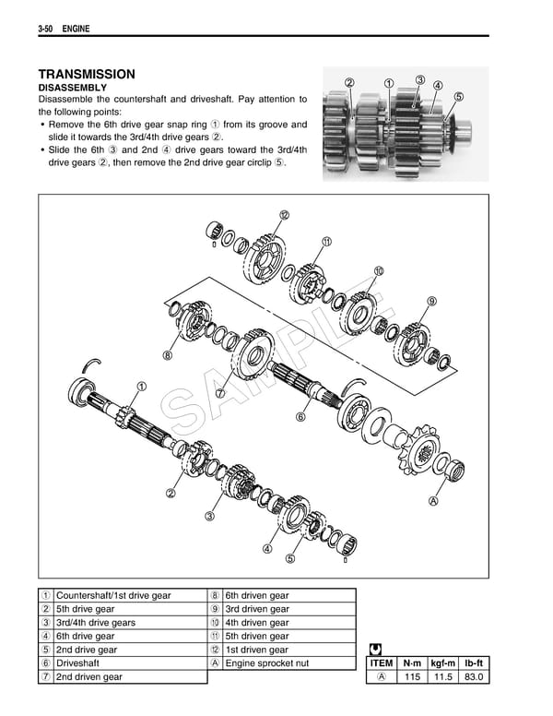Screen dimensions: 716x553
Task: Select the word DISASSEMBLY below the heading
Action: [x=72, y=88]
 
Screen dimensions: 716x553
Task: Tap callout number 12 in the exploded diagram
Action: [x=284, y=215]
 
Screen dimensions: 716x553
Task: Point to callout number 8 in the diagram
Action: [x=168, y=354]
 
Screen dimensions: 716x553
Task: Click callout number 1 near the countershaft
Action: [x=142, y=386]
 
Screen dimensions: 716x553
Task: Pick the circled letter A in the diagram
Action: [x=432, y=502]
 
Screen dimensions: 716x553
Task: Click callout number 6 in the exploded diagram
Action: [x=300, y=417]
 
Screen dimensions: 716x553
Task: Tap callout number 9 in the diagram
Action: [x=430, y=301]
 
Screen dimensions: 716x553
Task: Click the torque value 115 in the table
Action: [x=412, y=677]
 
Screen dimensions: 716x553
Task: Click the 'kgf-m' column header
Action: [x=443, y=662]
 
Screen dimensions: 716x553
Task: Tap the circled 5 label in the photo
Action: [x=459, y=96]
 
